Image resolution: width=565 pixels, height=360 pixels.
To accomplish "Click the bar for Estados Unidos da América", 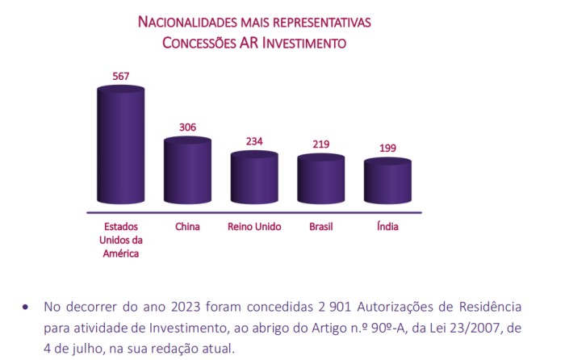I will (x=120, y=145).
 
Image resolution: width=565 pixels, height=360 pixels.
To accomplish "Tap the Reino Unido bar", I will (x=254, y=179).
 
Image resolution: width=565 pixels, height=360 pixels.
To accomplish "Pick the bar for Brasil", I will (x=320, y=182).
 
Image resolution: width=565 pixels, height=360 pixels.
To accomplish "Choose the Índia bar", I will (x=387, y=184).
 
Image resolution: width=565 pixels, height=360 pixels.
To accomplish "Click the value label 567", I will (x=120, y=77).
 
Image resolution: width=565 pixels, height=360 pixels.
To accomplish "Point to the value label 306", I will (x=187, y=128).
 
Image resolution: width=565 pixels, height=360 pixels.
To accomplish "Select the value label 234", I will (x=254, y=141).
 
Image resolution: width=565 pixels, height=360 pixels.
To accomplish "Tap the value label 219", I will (x=320, y=145).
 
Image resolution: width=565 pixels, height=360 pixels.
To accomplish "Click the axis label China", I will (x=187, y=227).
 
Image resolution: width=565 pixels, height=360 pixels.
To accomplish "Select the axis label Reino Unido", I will (x=254, y=227).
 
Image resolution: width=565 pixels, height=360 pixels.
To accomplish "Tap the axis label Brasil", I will (x=320, y=227).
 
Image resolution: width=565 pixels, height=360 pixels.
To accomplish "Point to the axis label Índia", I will (x=387, y=227).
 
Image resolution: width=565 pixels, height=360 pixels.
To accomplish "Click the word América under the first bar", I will (x=120, y=254).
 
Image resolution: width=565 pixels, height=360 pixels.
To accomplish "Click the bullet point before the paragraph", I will (x=25, y=308).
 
